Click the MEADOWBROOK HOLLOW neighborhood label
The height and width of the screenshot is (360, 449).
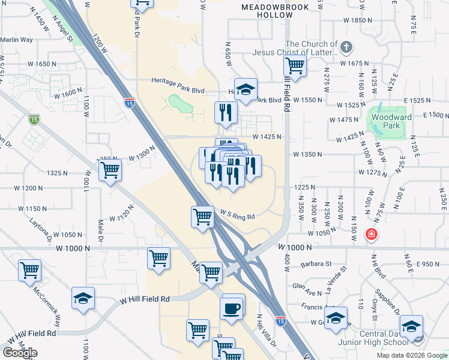click(x=275, y=11)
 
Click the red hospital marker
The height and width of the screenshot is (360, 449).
click(x=372, y=233)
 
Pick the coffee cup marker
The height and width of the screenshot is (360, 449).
click(x=232, y=308)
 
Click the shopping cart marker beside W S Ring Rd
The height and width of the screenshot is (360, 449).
click(x=203, y=217)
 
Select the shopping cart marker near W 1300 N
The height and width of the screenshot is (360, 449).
click(x=110, y=170)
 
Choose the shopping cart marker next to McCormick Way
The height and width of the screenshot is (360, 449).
click(x=29, y=270)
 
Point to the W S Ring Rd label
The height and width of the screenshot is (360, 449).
click(x=238, y=214)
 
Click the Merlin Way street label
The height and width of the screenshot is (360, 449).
click(x=16, y=40)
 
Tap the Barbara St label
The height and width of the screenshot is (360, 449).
click(x=318, y=263)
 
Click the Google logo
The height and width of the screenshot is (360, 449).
click(x=20, y=353)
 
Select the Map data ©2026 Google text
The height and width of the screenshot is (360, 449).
click(x=412, y=355)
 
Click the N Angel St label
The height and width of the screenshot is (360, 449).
click(x=62, y=30)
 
